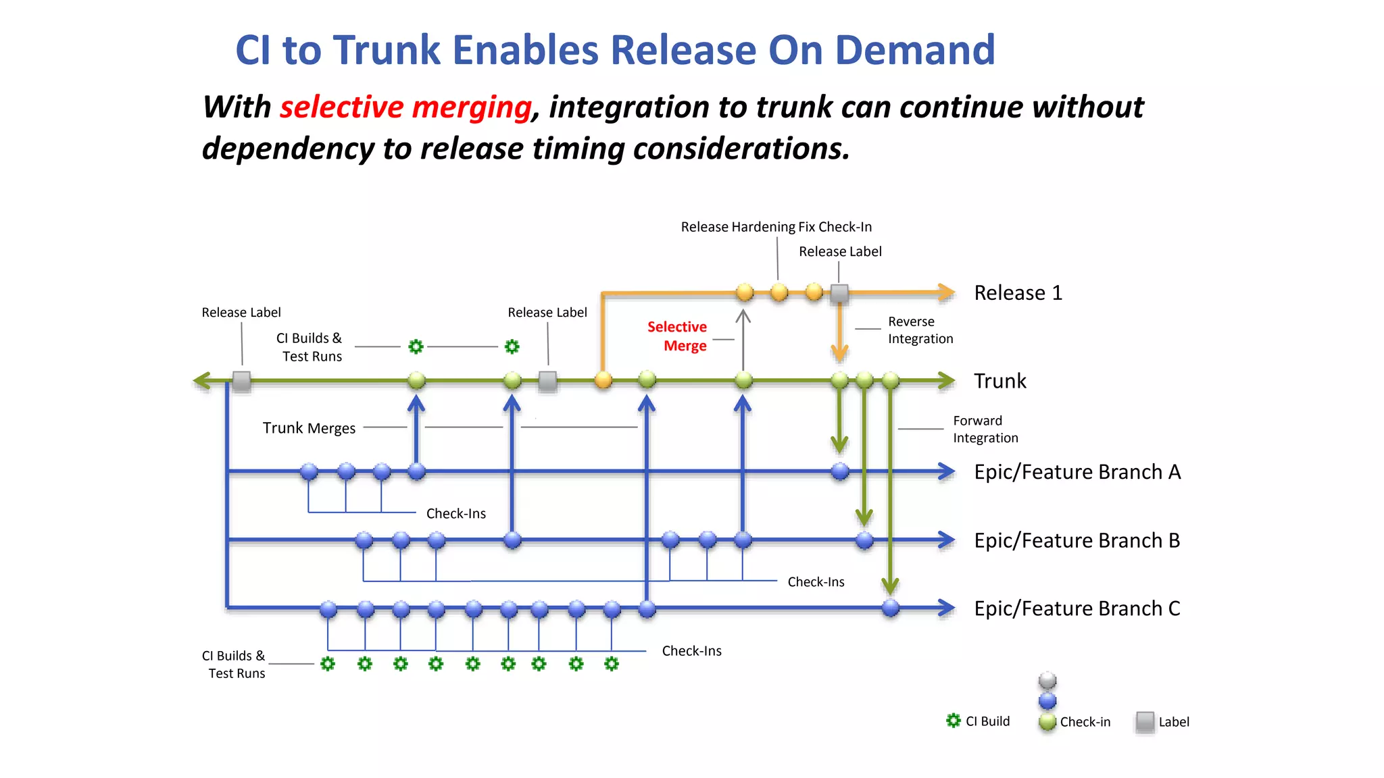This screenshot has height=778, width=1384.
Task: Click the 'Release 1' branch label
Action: (x=1018, y=293)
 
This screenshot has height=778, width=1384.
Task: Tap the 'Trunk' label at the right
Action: (x=999, y=381)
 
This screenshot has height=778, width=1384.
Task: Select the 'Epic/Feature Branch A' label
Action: (x=1077, y=471)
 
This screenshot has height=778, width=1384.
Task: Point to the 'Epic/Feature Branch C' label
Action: (x=1077, y=608)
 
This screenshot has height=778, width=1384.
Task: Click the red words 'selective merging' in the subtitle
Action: (x=405, y=107)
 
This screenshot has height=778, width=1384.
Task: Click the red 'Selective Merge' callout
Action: (x=678, y=336)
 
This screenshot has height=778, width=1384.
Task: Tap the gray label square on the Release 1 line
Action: (x=839, y=293)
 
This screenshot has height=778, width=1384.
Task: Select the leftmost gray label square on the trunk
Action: (x=242, y=381)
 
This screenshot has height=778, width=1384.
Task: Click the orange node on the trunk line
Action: (x=603, y=380)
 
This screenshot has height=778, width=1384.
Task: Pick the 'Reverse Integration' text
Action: (x=920, y=330)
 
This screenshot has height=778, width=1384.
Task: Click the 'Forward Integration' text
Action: (x=985, y=430)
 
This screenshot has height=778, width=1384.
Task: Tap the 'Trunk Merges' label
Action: (x=309, y=428)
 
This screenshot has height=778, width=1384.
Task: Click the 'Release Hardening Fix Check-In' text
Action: (x=776, y=227)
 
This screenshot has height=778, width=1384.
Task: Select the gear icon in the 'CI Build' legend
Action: (x=954, y=721)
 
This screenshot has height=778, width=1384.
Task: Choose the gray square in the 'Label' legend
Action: (x=1145, y=721)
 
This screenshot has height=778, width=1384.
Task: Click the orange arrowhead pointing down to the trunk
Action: (x=839, y=352)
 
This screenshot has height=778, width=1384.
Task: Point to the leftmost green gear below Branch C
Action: (x=328, y=664)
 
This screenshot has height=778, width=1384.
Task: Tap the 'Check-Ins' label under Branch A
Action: (x=455, y=514)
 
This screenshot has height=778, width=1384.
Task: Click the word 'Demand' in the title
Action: (x=915, y=51)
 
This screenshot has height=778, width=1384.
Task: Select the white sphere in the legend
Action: (x=1047, y=679)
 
